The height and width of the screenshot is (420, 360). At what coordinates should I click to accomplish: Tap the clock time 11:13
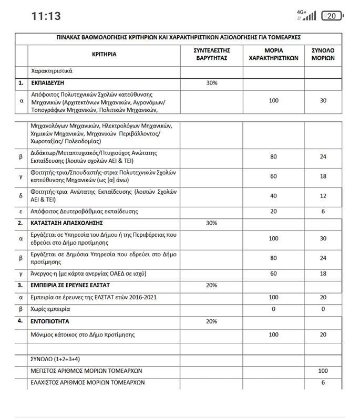click(x=46, y=16)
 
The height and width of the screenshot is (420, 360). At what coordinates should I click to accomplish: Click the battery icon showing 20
click(x=332, y=16)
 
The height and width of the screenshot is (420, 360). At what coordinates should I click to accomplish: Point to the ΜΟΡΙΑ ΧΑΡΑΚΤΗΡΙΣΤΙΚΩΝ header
click(x=273, y=54)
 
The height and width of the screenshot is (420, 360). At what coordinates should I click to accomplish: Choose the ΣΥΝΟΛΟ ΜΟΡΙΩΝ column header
click(x=323, y=54)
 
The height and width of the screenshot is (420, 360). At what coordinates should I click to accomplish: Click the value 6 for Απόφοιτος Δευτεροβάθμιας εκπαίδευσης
click(x=323, y=211)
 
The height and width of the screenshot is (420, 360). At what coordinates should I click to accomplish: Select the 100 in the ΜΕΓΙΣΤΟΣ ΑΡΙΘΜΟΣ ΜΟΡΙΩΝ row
click(x=323, y=371)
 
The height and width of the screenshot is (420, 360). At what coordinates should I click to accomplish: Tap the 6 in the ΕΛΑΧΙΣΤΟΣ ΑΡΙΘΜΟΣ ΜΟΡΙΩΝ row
click(x=323, y=382)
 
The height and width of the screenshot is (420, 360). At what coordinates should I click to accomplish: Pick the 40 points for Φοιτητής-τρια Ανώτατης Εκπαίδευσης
click(x=273, y=195)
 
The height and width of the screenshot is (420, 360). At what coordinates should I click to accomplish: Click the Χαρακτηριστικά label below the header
click(x=52, y=70)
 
